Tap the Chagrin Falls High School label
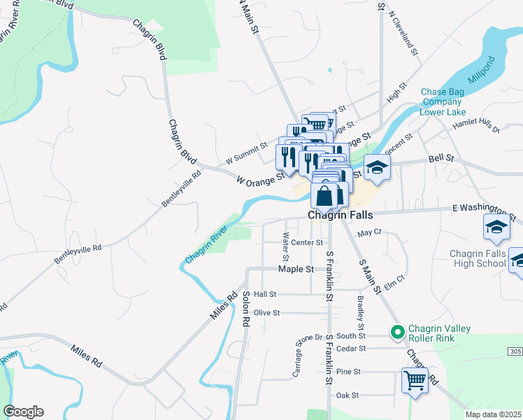(x=473, y=257)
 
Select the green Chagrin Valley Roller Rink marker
(x=398, y=332)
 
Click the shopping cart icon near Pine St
(x=415, y=381)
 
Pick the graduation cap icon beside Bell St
(x=376, y=168)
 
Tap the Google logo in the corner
(x=23, y=412)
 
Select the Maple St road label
(x=293, y=269)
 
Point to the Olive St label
(x=266, y=313)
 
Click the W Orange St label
(x=261, y=178)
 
